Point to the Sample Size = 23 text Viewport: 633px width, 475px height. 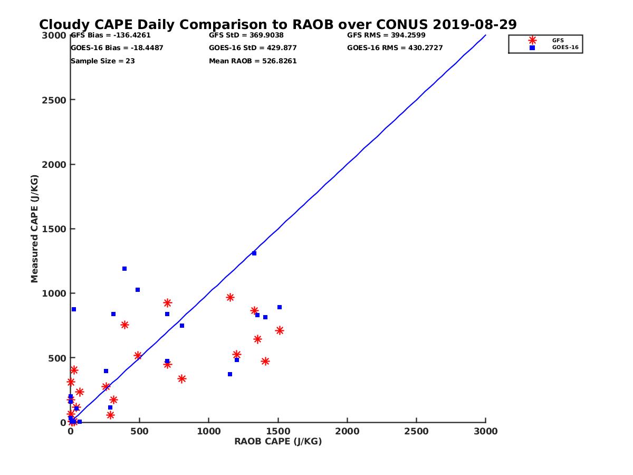click(x=103, y=61)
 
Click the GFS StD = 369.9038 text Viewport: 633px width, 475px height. click(x=246, y=35)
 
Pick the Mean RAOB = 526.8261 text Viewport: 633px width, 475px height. click(x=253, y=61)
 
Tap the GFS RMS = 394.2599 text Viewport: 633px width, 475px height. click(x=386, y=35)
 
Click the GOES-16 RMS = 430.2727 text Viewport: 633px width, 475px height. click(x=395, y=48)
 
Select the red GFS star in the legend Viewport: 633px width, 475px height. click(x=532, y=40)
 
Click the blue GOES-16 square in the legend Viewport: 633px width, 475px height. click(x=532, y=47)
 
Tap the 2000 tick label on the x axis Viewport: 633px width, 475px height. click(x=347, y=431)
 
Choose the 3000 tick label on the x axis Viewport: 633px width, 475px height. click(x=486, y=431)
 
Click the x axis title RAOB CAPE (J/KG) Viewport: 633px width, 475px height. click(x=278, y=442)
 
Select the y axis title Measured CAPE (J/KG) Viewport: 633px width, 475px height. click(x=35, y=229)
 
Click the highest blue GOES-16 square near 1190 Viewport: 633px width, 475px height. click(x=124, y=269)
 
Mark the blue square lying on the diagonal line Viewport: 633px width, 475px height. click(x=254, y=253)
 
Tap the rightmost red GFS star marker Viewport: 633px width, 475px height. click(x=280, y=330)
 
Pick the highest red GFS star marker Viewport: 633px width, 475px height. click(x=230, y=298)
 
